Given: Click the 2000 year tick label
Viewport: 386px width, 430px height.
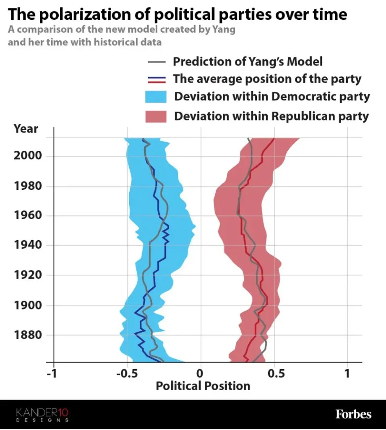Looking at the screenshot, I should (28, 156).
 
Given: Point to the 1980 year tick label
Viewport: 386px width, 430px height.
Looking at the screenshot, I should (28, 186).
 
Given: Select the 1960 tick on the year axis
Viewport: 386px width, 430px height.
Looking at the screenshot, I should (28, 215).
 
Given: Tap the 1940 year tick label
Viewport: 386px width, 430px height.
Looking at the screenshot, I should (28, 245).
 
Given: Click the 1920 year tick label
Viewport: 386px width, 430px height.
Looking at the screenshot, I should (28, 275).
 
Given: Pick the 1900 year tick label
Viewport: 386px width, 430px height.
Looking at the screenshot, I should (28, 305).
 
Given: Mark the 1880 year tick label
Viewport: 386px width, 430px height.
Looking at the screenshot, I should (28, 335).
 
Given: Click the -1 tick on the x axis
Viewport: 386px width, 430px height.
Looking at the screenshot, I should (52, 374).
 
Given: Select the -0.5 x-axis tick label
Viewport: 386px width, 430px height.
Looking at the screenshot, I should (124, 374).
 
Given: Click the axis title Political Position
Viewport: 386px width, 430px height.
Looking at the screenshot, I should (203, 385).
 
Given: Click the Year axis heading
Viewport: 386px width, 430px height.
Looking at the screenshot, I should (26, 128).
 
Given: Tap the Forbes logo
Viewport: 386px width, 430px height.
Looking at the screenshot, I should (353, 414).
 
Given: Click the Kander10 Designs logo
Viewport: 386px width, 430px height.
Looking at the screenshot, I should (42, 414).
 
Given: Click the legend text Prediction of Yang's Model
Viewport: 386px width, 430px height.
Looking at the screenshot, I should (248, 61).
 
